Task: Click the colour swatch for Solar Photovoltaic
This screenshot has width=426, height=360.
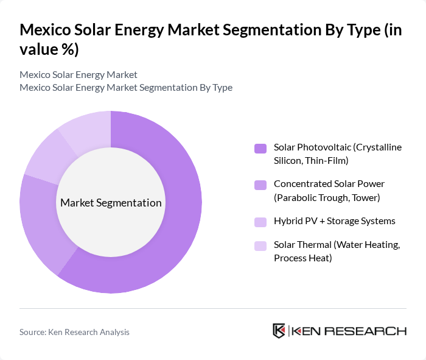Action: click(260, 148)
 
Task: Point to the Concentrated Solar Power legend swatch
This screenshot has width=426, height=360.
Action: click(260, 184)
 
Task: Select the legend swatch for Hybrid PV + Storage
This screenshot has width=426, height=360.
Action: click(260, 221)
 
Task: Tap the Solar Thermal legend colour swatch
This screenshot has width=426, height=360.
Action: click(260, 245)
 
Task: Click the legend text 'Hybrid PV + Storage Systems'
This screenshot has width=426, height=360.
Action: click(334, 221)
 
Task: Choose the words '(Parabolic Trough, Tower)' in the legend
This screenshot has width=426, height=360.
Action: click(327, 197)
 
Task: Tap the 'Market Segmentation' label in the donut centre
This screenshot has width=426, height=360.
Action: click(111, 203)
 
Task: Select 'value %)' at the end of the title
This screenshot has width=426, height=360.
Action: click(49, 50)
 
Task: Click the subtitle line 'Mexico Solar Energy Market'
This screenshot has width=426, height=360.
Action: click(79, 75)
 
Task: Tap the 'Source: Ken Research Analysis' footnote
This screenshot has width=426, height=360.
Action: click(74, 332)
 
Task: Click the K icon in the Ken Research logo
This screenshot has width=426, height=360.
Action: click(279, 331)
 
